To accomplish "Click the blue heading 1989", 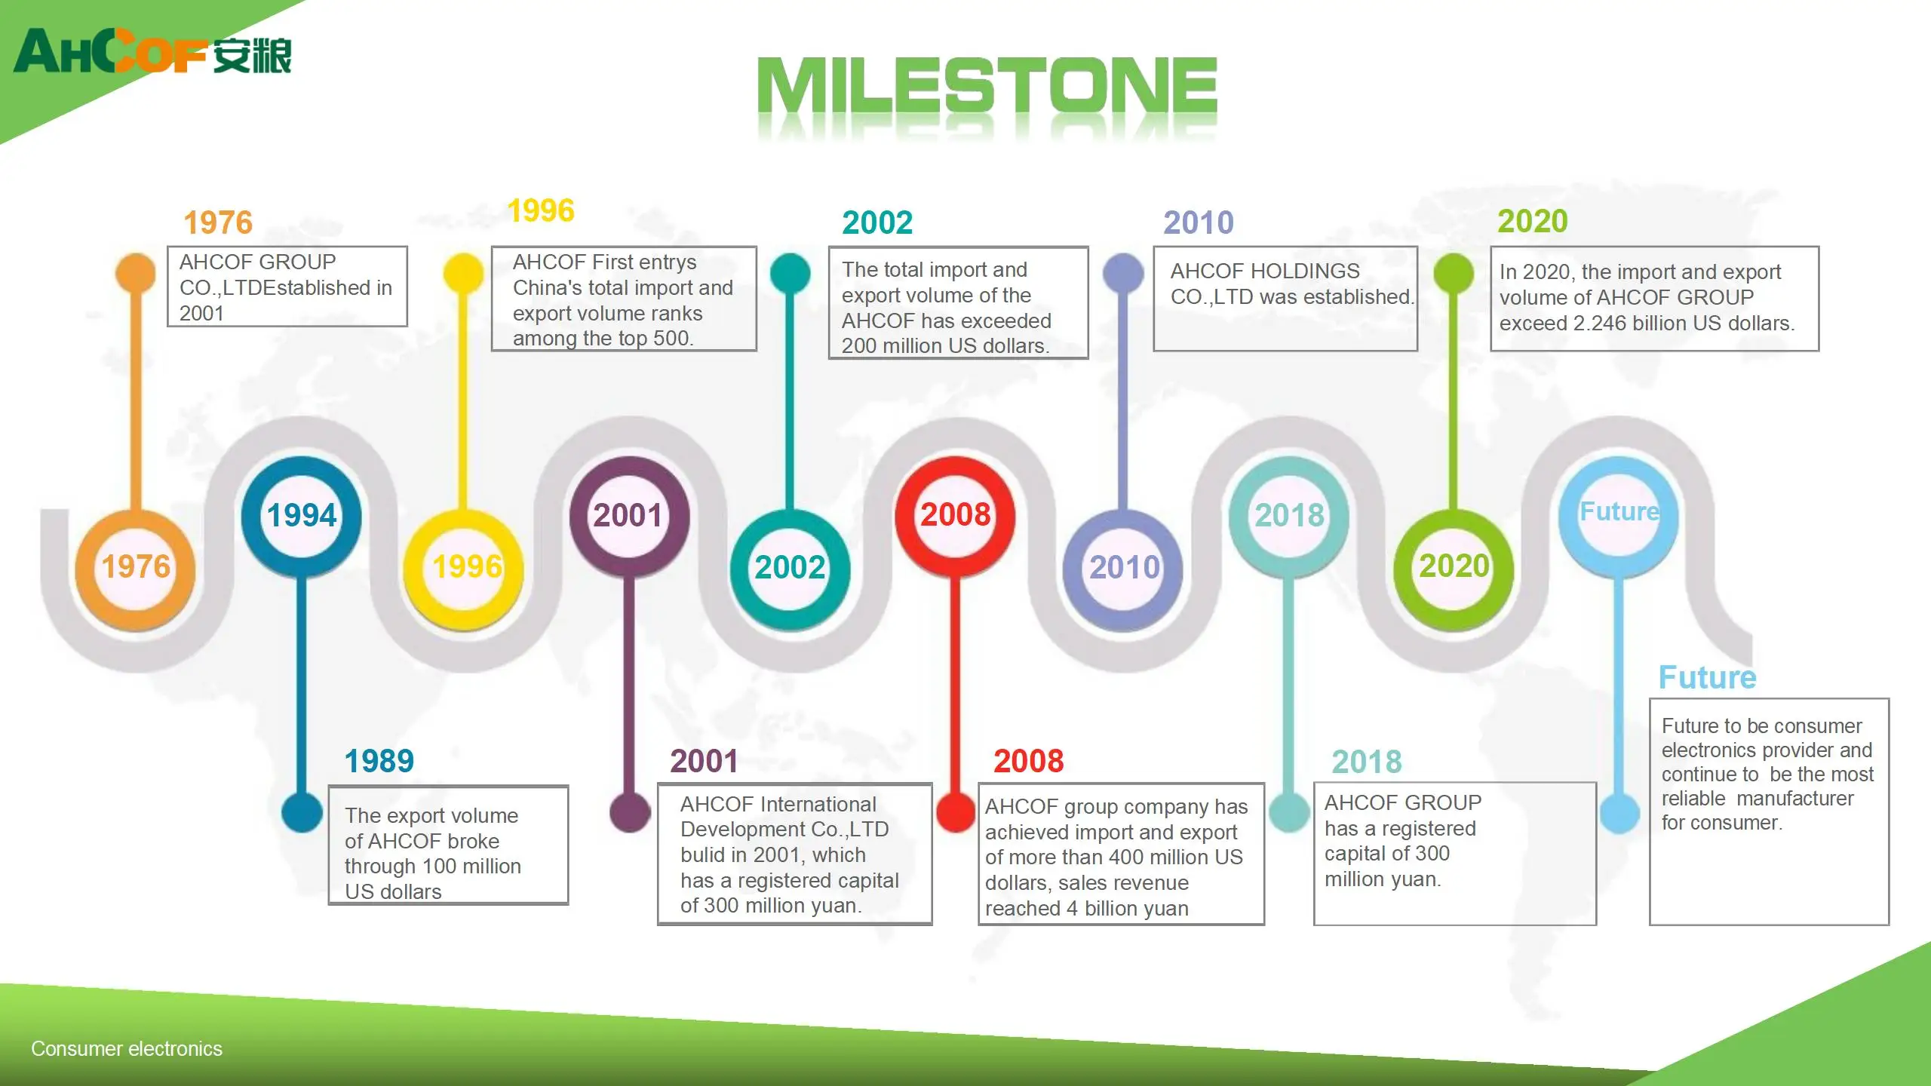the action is click(x=379, y=761).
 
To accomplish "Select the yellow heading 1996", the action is click(x=541, y=210).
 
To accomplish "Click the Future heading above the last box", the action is click(x=1708, y=677).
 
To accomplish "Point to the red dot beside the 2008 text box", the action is click(x=956, y=812).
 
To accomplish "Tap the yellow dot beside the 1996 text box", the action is click(x=463, y=273).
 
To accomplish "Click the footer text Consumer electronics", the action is click(x=127, y=1048).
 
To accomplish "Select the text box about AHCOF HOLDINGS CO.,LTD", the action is click(x=1285, y=299).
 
